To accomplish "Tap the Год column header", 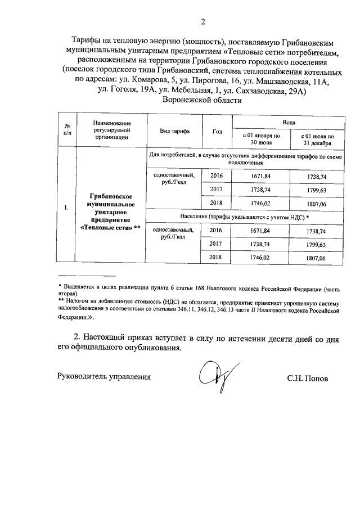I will tap(217, 132).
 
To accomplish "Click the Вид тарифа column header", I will tap(174, 132).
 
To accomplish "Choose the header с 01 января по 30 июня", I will tap(260, 139).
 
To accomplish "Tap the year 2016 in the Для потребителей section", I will tap(216, 176).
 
